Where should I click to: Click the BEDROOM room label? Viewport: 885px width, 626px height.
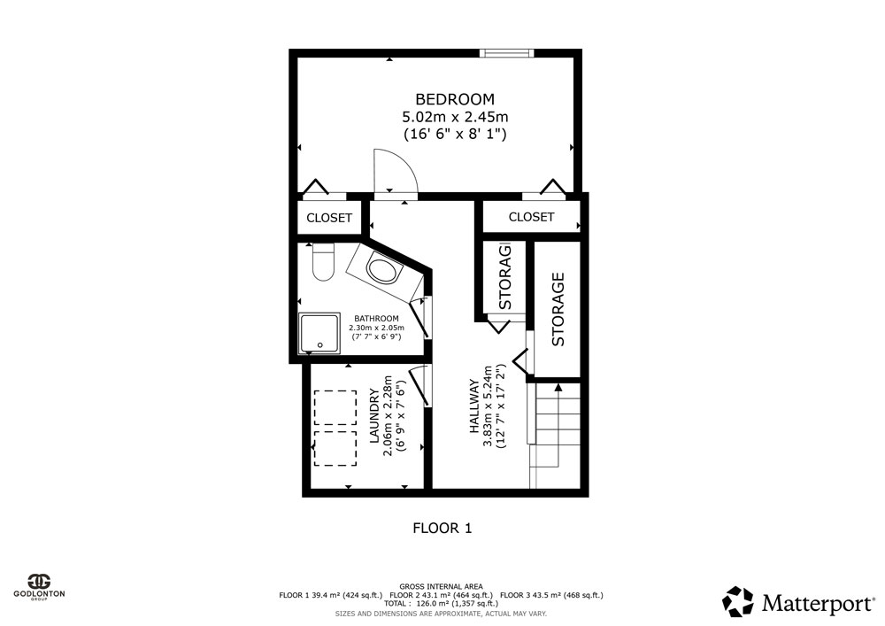click(455, 99)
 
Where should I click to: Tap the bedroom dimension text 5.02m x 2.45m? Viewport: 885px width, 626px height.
click(455, 117)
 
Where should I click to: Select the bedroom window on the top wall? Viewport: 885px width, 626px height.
click(506, 53)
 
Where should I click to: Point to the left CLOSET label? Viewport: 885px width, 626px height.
click(329, 218)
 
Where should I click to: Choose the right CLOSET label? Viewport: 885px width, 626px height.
click(531, 217)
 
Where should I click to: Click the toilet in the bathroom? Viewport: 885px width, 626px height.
click(323, 262)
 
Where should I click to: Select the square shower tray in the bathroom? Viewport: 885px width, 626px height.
click(320, 332)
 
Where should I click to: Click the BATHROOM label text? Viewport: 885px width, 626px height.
click(376, 319)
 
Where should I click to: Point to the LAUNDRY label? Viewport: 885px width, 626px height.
click(373, 415)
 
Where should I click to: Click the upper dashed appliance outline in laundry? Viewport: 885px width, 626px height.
click(335, 407)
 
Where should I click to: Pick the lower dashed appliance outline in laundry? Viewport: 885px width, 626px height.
click(335, 449)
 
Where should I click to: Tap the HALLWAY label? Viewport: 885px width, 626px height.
click(474, 406)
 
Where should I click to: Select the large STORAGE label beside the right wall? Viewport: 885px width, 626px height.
click(558, 309)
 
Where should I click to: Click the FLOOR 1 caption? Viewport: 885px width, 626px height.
click(442, 529)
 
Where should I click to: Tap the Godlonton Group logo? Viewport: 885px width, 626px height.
click(40, 587)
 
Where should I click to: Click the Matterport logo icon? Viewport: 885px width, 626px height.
click(738, 601)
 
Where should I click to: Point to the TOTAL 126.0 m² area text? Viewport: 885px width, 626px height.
click(442, 603)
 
